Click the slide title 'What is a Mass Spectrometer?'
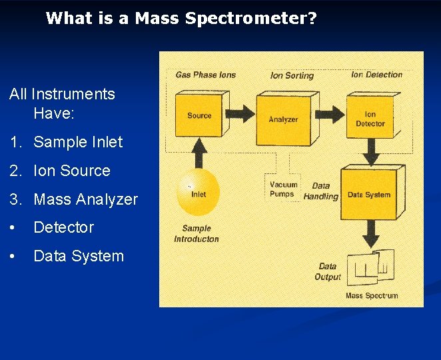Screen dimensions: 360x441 181,19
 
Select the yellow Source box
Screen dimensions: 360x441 198,115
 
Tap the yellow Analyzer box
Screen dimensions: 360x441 284,119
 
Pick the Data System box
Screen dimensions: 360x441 369,195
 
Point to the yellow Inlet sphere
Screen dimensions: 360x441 198,193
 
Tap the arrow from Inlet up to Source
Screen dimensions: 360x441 198,153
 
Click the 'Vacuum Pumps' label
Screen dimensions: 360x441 282,189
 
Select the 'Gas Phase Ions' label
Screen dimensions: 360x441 205,75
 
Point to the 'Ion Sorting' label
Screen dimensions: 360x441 292,75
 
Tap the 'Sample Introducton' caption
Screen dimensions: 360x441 197,234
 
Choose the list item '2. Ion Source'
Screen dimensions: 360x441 60,171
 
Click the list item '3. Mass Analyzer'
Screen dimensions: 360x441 73,199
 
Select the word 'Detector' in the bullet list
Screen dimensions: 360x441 63,227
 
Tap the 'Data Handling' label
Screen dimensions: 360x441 320,191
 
